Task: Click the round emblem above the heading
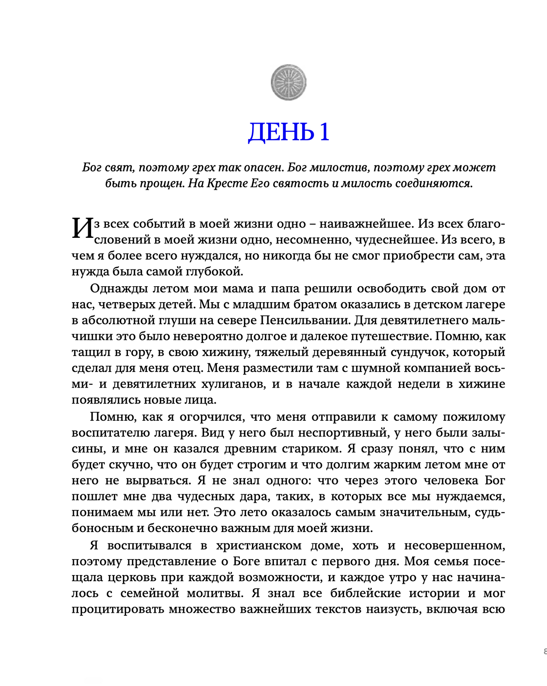point(288,82)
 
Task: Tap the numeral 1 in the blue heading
point(324,132)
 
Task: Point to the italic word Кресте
point(226,183)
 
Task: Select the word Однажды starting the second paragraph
point(114,288)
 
